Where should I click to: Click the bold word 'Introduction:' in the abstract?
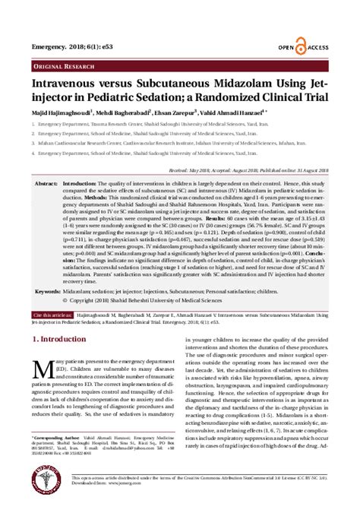80,184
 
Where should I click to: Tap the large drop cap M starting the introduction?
41,370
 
